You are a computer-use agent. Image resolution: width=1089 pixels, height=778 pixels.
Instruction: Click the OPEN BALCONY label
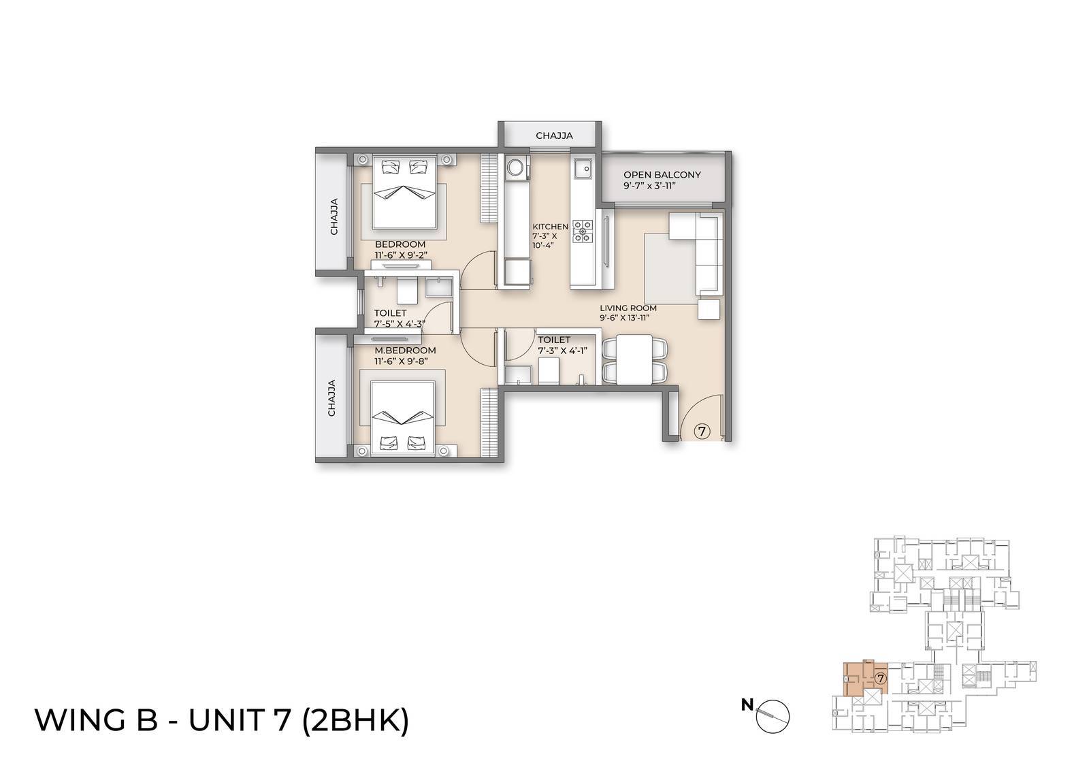point(662,175)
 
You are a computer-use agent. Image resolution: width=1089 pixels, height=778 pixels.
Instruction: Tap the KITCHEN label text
point(550,227)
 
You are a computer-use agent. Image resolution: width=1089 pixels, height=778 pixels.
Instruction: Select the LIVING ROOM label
point(628,308)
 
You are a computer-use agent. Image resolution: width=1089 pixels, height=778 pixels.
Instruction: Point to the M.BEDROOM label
point(405,351)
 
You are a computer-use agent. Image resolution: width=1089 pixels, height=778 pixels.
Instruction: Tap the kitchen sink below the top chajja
point(583,167)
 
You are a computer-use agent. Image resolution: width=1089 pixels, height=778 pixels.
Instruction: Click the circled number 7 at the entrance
point(702,430)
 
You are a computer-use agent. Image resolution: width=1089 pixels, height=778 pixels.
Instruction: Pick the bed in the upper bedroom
point(405,194)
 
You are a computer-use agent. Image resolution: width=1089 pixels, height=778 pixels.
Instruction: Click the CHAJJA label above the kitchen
point(554,135)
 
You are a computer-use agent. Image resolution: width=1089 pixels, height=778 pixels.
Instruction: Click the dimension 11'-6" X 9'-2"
point(400,255)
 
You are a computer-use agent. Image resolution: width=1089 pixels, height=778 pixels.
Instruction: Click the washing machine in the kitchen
point(515,167)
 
